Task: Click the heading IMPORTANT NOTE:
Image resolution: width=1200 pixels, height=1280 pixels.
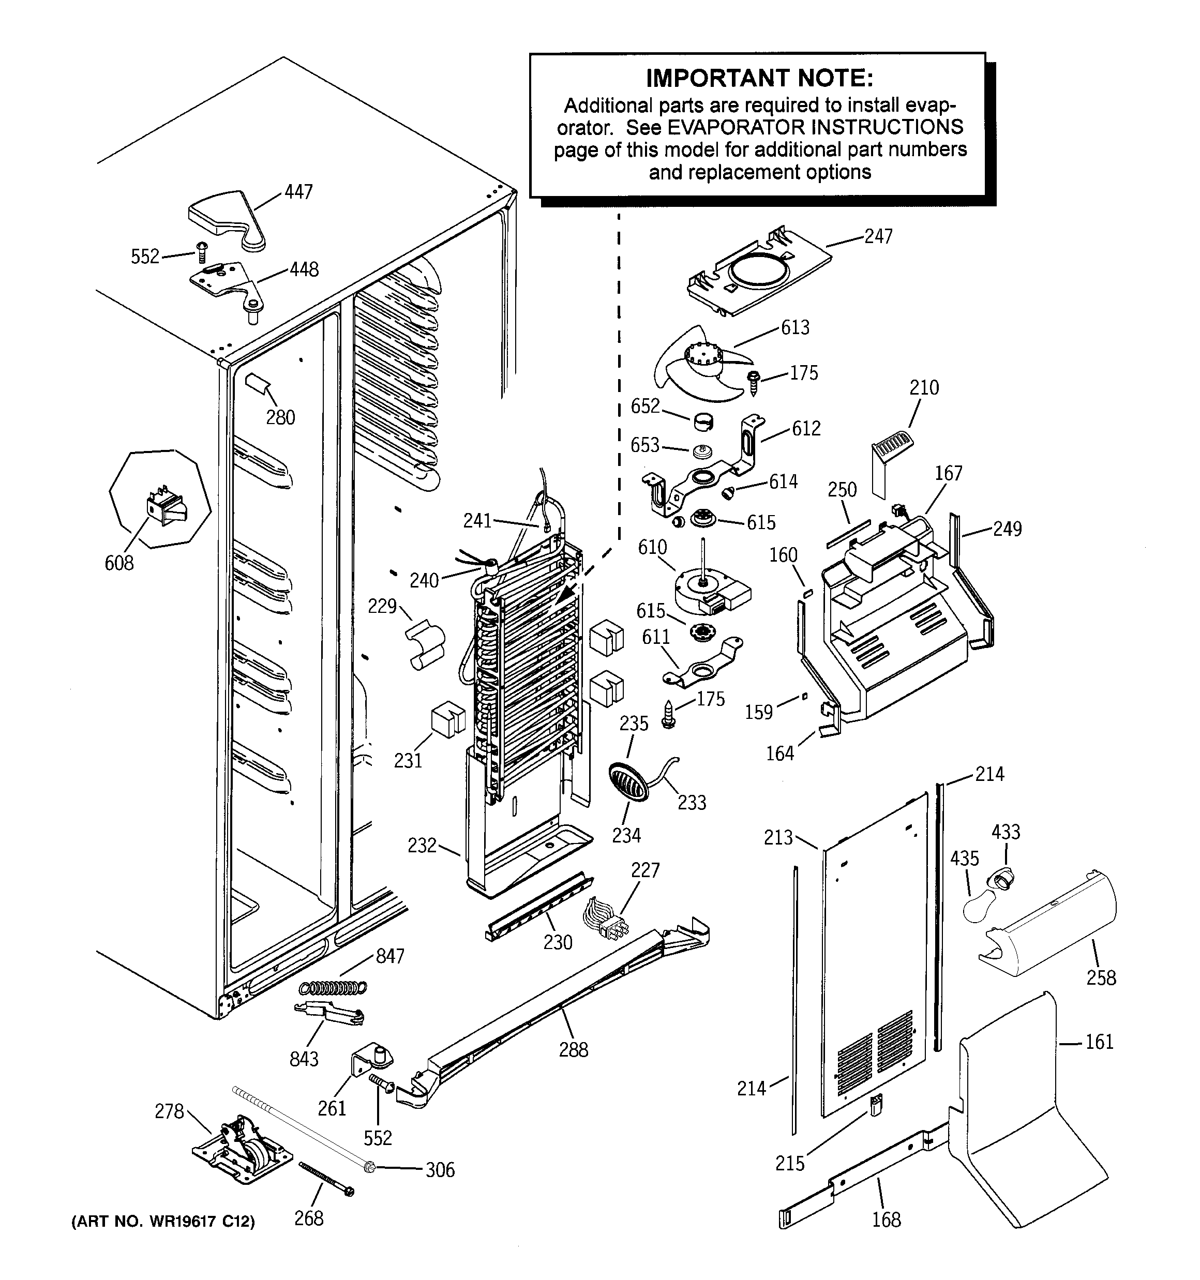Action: pos(759,79)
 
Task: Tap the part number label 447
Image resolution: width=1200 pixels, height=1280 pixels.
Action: pos(298,192)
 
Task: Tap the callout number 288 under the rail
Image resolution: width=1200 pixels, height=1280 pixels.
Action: pos(573,1049)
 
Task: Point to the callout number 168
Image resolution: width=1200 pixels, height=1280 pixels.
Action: pos(887,1219)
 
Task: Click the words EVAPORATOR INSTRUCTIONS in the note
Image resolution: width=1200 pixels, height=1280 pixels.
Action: pos(815,127)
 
